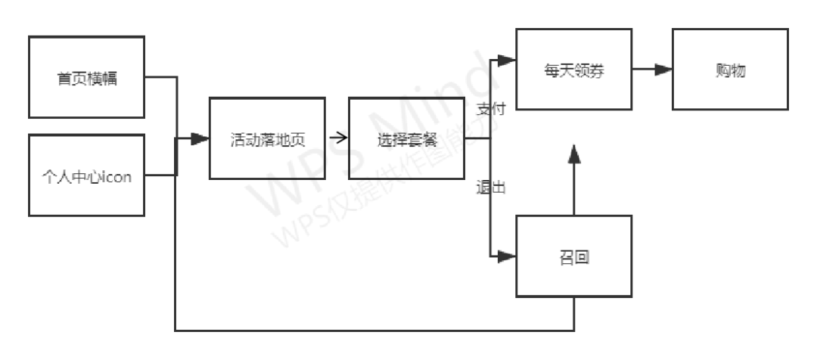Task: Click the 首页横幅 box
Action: (x=86, y=77)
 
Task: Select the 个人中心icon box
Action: (x=86, y=175)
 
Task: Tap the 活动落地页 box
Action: (x=267, y=138)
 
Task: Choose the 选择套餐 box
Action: (x=406, y=138)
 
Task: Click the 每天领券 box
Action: (x=573, y=70)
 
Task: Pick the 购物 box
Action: (x=729, y=70)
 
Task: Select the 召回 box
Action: (x=573, y=256)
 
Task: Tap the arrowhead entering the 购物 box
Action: (x=663, y=70)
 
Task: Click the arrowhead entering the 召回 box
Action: (x=507, y=256)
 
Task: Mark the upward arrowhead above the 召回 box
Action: (x=574, y=154)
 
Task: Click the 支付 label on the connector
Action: (x=490, y=109)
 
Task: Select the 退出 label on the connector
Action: (x=490, y=188)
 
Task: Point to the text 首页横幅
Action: (x=86, y=78)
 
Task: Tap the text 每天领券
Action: (x=573, y=70)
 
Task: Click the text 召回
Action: (x=573, y=257)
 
